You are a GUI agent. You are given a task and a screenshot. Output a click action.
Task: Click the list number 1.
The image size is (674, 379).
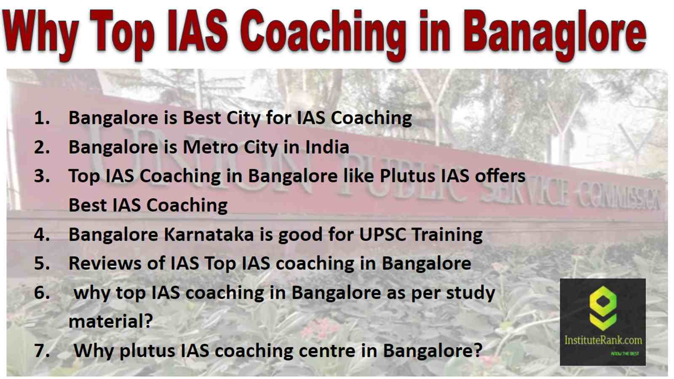click(42, 117)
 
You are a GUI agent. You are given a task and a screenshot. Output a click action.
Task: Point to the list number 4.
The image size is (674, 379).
click(42, 234)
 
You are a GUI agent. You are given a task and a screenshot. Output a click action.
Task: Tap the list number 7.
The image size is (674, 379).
click(42, 351)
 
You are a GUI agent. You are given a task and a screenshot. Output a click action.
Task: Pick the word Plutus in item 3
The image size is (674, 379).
click(407, 176)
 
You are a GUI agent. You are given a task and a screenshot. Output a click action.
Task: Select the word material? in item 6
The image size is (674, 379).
click(111, 321)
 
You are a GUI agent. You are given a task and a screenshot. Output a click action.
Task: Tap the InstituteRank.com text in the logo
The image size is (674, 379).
click(603, 340)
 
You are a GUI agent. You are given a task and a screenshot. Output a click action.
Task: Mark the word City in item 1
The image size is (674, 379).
click(243, 118)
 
